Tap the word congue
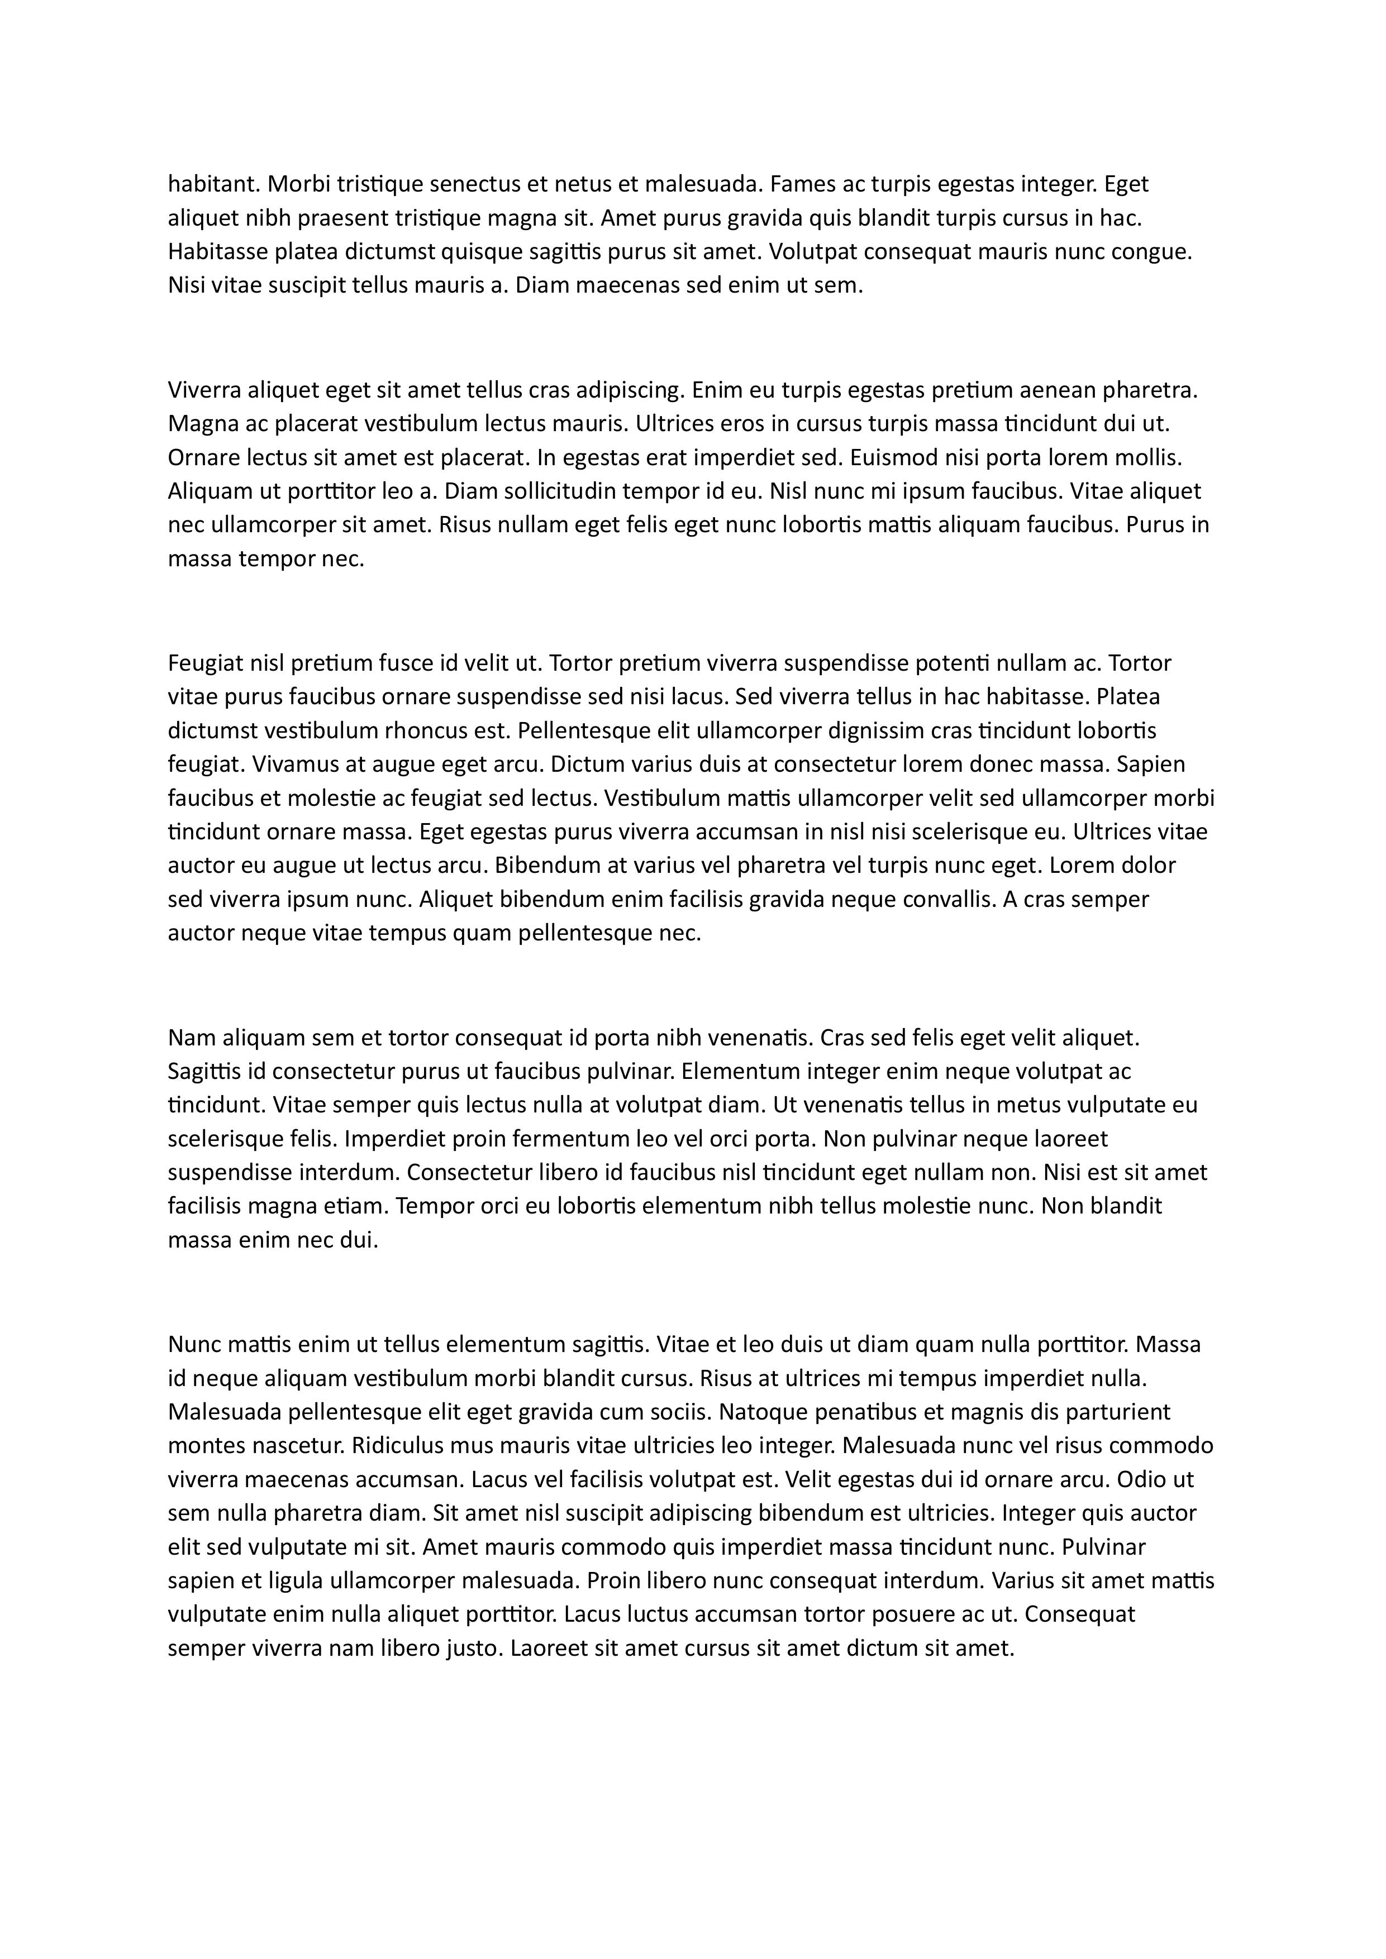pyautogui.click(x=1151, y=252)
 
